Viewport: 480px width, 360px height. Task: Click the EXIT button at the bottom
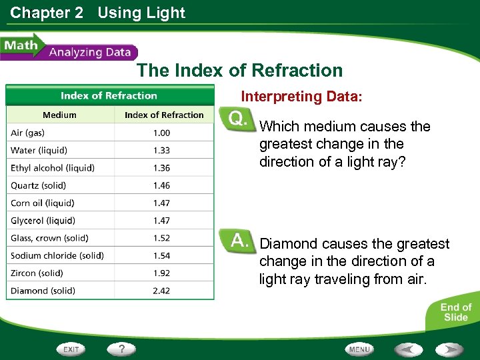pos(70,349)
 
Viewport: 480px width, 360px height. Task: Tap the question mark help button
pos(122,349)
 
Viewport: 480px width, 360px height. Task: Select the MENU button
pos(359,349)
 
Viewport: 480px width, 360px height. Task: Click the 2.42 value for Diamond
pos(161,291)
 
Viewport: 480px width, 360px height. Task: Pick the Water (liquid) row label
pos(39,151)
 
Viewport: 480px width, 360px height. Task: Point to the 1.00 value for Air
pos(161,133)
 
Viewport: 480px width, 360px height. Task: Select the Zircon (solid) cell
pos(37,273)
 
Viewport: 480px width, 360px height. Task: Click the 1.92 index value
pos(161,273)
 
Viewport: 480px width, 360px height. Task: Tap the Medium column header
pos(59,115)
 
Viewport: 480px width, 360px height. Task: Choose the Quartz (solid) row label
pos(38,185)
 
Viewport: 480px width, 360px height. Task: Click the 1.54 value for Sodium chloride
pos(161,255)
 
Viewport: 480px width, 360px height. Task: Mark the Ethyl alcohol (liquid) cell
pos(53,168)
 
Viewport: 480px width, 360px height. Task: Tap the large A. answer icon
pos(239,241)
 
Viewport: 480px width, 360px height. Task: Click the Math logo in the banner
pos(21,47)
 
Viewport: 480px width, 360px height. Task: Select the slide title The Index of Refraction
pos(239,71)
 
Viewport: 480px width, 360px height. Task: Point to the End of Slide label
pos(455,312)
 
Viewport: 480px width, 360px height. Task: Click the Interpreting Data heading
pos(301,97)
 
